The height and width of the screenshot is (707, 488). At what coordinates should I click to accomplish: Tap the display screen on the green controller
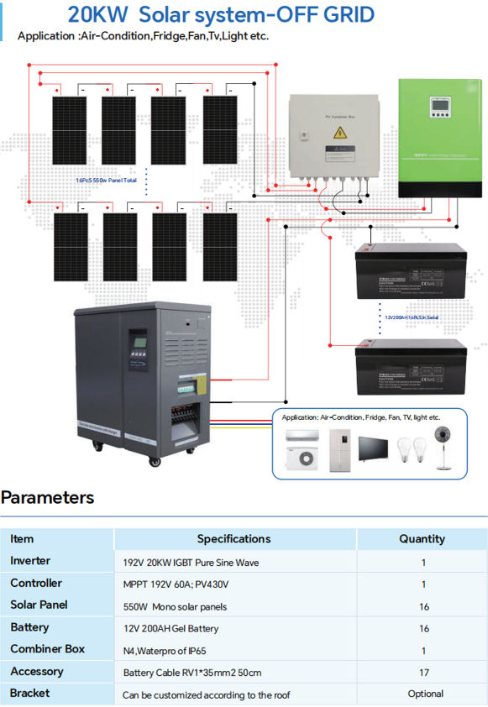pyautogui.click(x=439, y=107)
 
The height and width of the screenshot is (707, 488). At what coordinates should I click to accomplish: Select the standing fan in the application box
pyautogui.click(x=439, y=446)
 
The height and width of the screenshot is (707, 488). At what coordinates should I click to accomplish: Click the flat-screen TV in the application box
pyautogui.click(x=375, y=448)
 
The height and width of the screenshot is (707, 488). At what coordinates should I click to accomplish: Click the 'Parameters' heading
pyautogui.click(x=48, y=497)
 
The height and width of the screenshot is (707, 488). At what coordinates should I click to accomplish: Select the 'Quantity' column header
pyautogui.click(x=422, y=539)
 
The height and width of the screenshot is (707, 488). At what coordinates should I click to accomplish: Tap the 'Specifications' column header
pyautogui.click(x=234, y=539)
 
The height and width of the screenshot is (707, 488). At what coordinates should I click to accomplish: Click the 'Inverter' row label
pyautogui.click(x=30, y=561)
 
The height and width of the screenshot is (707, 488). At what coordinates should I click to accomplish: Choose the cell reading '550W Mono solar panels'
pyautogui.click(x=175, y=606)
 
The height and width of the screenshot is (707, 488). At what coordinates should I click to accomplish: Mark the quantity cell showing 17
pyautogui.click(x=423, y=673)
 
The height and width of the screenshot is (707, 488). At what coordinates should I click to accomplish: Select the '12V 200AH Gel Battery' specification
pyautogui.click(x=171, y=628)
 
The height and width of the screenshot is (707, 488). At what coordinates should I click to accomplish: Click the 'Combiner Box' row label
pyautogui.click(x=47, y=649)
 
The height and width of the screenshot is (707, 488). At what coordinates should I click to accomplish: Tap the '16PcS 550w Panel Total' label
pyautogui.click(x=106, y=180)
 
